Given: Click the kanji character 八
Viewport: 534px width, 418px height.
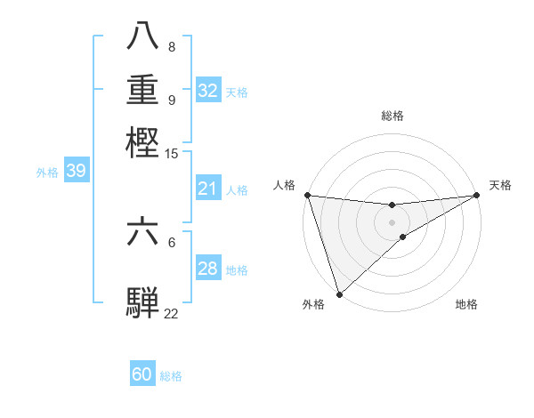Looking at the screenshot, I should [x=142, y=36].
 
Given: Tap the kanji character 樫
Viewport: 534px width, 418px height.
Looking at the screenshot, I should [x=142, y=141].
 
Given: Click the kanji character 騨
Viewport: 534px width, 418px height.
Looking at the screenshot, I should [x=142, y=301].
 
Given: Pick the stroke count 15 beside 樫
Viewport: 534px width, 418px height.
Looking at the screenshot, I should [x=172, y=154].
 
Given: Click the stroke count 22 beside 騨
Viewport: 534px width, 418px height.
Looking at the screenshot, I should [x=172, y=313].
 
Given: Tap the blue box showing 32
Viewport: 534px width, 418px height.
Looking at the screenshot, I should [x=208, y=91].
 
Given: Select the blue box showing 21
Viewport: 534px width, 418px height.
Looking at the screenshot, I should [x=208, y=189].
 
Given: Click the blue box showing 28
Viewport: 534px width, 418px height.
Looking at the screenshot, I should [x=208, y=269].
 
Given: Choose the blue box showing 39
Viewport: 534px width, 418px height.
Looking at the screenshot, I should [x=76, y=172].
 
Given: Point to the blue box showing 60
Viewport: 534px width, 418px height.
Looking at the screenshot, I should [x=142, y=375].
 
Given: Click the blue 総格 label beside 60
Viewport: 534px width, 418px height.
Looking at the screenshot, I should [x=171, y=376].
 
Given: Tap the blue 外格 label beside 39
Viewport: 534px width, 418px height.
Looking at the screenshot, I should [x=47, y=173].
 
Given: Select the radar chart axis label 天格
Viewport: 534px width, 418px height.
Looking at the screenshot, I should [x=500, y=185].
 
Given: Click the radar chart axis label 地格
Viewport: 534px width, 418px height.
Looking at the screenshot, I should [x=466, y=304].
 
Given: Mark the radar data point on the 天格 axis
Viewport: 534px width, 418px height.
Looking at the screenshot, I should [x=478, y=195].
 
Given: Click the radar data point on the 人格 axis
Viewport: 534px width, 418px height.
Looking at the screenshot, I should [x=307, y=195].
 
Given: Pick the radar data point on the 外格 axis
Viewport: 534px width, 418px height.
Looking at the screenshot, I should [x=339, y=294].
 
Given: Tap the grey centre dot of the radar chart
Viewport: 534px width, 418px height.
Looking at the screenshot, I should [x=392, y=221].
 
